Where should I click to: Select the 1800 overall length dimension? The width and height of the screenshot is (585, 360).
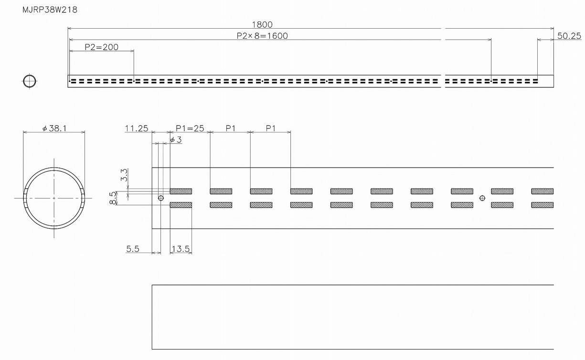(x=262, y=24)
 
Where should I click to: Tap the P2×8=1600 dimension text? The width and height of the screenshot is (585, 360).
(x=262, y=36)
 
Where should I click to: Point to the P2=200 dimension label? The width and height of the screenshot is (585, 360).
(x=101, y=47)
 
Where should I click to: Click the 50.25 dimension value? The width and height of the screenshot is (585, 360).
(x=569, y=36)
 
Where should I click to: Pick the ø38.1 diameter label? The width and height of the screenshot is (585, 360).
(x=54, y=128)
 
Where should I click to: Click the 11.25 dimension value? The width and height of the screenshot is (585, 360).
(x=137, y=128)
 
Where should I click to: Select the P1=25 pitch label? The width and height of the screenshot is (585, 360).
(x=190, y=128)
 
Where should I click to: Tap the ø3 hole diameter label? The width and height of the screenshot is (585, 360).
(x=176, y=139)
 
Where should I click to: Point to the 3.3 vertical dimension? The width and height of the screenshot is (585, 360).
(x=124, y=175)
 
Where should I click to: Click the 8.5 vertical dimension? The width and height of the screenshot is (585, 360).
(x=112, y=198)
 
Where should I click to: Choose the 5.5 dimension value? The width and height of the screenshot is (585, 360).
(x=133, y=249)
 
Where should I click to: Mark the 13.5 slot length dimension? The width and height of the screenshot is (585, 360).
(x=181, y=249)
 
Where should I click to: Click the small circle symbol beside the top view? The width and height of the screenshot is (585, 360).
(x=30, y=81)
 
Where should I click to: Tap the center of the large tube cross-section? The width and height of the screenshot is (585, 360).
(x=54, y=198)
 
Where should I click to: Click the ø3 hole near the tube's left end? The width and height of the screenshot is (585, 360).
(x=161, y=198)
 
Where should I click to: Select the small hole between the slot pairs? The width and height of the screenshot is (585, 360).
(x=482, y=198)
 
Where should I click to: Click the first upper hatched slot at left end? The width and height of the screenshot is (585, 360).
(x=181, y=191)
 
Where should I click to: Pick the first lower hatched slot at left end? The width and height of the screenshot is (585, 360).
(x=181, y=205)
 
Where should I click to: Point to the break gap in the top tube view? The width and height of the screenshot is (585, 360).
(x=443, y=81)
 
